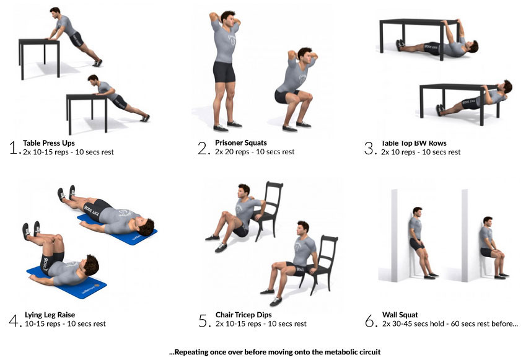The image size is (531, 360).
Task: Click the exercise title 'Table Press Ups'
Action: [49, 143]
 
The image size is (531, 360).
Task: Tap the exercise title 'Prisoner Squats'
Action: [241, 143]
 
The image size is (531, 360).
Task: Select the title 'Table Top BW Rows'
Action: [414, 143]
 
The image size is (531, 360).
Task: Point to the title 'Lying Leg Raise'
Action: [50, 315]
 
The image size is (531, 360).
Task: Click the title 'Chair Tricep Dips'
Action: [244, 315]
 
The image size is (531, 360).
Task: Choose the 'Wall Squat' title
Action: [400, 315]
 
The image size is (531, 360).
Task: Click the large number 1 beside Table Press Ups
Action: [14, 147]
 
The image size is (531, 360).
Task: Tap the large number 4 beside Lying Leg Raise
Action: [14, 320]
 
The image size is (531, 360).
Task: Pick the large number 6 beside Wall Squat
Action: [369, 320]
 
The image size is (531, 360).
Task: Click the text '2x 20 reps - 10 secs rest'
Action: [255, 152]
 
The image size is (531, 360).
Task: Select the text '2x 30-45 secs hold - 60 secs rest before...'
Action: [450, 324]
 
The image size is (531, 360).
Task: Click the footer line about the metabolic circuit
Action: [274, 352]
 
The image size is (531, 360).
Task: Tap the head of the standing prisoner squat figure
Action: [228, 19]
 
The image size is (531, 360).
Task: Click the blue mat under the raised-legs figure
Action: [67, 283]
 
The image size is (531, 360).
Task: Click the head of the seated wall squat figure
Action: [488, 222]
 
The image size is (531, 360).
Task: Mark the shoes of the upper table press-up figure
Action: [97, 63]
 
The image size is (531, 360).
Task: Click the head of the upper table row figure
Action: [472, 46]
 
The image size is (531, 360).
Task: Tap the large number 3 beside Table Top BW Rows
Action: [369, 148]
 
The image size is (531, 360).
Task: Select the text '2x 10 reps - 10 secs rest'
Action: [421, 152]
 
